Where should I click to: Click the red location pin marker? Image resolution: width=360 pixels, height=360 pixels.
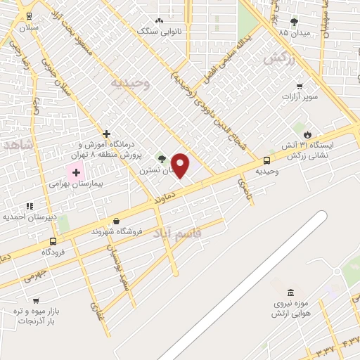181,165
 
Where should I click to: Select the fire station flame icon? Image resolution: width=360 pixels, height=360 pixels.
307,134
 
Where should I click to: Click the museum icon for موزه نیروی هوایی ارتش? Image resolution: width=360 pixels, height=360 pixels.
290,292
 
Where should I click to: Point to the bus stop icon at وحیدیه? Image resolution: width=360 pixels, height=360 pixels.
266,160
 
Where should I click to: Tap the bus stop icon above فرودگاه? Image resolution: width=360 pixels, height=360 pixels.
53,241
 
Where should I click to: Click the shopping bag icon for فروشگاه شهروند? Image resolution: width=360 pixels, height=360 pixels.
115,220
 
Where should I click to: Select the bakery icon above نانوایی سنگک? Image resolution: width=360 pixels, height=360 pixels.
159,21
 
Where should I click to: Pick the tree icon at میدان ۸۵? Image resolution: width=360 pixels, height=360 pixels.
294,22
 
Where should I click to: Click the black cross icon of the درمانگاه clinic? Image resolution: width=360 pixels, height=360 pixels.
106,134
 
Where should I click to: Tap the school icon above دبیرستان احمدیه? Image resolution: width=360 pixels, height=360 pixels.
30,206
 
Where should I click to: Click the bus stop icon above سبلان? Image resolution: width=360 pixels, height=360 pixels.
29,16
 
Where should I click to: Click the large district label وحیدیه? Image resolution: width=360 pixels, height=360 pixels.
130,83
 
